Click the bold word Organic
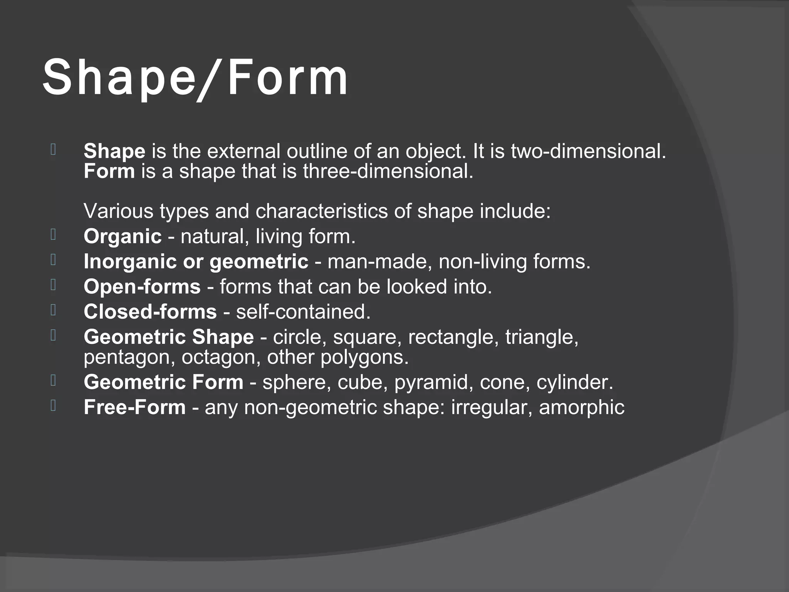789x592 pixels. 123,236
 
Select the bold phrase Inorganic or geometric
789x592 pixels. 196,262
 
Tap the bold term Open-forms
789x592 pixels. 142,287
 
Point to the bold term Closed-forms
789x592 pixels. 150,312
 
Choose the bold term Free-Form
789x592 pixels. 134,407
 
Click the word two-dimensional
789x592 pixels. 588,151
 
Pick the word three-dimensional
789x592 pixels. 388,171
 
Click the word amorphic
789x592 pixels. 581,407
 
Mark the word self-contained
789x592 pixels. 303,312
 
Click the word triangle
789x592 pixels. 542,337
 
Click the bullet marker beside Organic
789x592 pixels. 53,234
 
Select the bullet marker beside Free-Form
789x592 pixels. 53,405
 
